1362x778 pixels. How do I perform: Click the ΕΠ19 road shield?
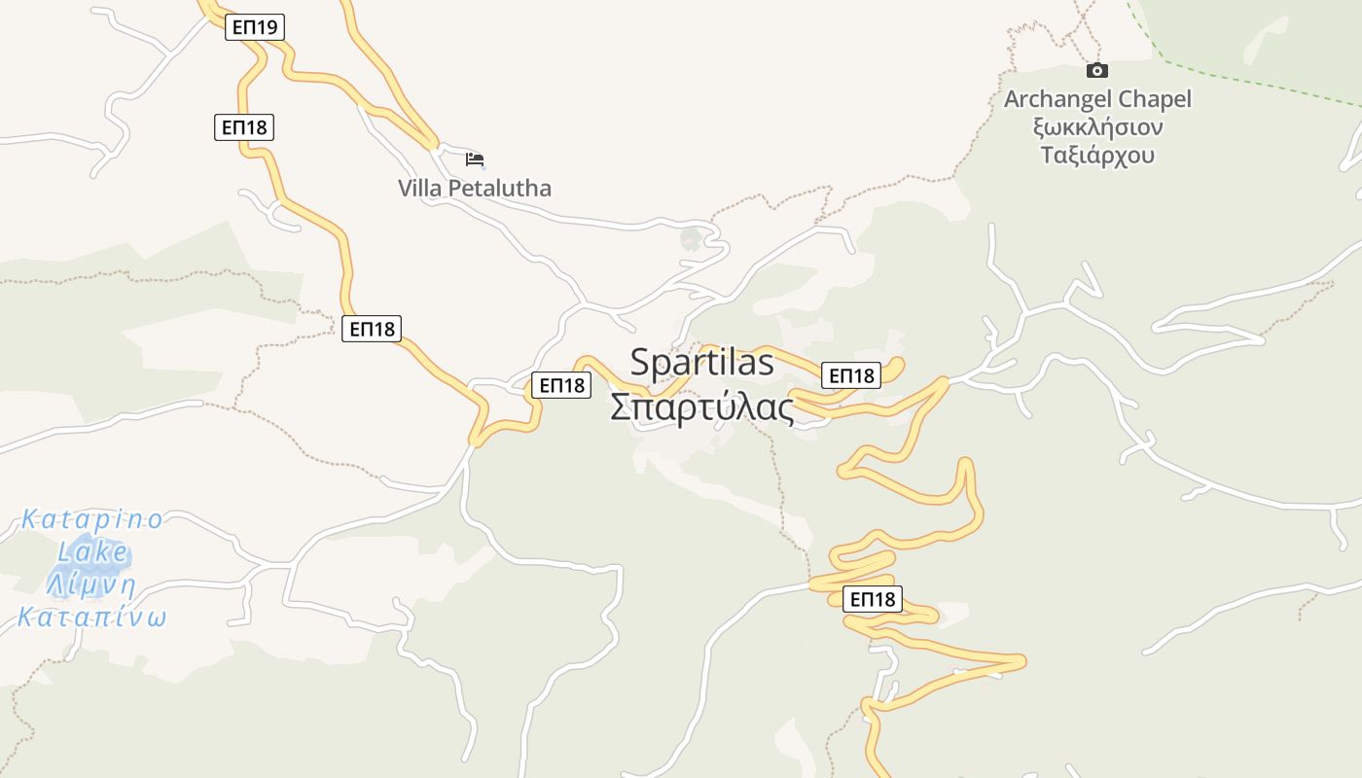click(255, 27)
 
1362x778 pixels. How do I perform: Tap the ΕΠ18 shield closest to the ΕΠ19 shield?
click(244, 126)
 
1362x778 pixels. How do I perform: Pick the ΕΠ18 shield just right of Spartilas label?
click(850, 375)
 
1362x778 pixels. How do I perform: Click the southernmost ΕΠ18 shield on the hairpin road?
click(872, 599)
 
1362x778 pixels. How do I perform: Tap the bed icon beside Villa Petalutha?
click(475, 159)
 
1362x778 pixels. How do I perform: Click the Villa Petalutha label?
click(475, 189)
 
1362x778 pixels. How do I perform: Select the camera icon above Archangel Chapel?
click(1097, 70)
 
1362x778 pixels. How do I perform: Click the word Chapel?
click(1155, 99)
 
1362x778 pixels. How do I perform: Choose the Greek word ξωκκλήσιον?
click(1098, 127)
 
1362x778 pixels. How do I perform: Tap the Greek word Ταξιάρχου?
click(1097, 156)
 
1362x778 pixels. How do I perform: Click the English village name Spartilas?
click(701, 363)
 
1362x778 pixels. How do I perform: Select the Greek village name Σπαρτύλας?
click(701, 407)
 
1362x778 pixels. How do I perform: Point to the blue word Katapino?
click(92, 519)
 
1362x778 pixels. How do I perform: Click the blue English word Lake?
click(92, 552)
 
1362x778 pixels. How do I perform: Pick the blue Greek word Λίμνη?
click(91, 585)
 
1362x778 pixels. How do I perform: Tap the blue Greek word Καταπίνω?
click(92, 619)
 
